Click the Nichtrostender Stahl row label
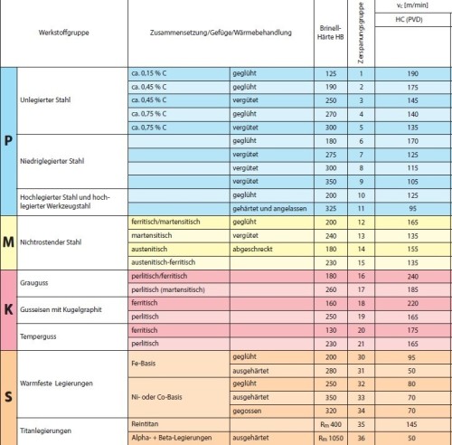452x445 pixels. click(x=56, y=241)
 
